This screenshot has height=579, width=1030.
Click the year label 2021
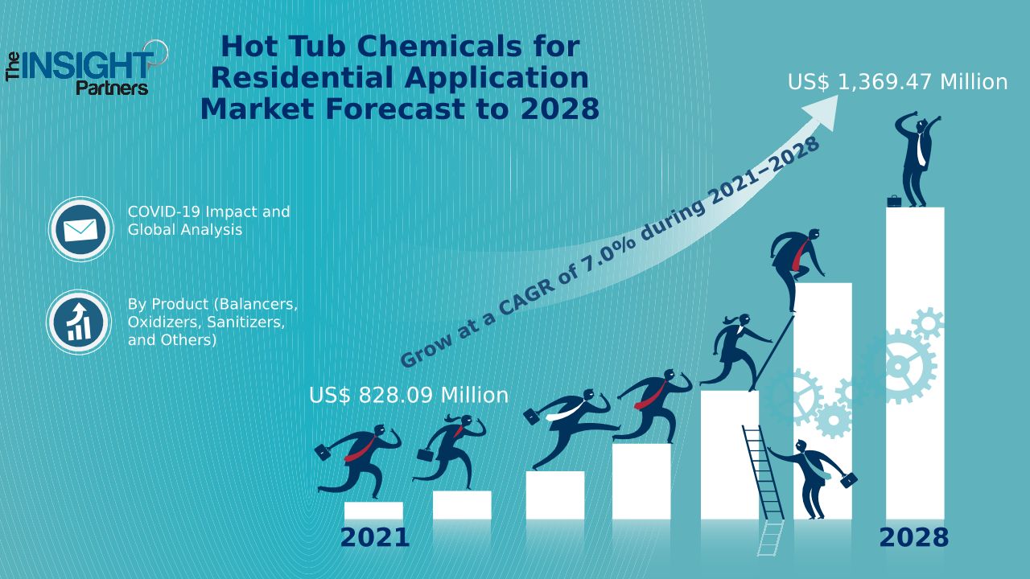tap(375, 537)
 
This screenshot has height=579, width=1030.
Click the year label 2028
tap(913, 537)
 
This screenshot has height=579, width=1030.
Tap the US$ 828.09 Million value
tap(409, 396)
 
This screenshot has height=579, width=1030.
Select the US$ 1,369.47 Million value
tap(897, 82)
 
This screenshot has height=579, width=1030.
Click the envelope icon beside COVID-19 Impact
tap(80, 230)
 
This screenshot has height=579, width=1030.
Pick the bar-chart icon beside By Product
tap(78, 322)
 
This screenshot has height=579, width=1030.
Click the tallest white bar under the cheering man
tap(915, 362)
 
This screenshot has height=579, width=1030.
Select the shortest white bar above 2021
tap(373, 511)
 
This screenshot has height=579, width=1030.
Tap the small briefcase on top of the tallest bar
tap(894, 200)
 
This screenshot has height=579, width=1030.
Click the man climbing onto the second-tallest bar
tap(797, 257)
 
